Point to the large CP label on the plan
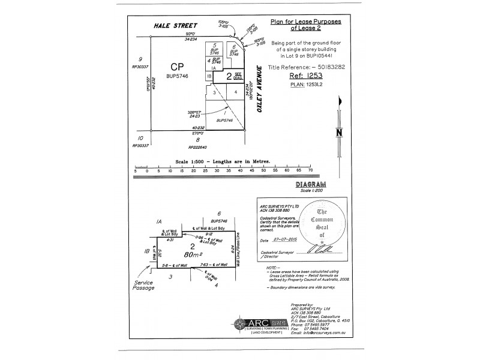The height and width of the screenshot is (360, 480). click(176, 67)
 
